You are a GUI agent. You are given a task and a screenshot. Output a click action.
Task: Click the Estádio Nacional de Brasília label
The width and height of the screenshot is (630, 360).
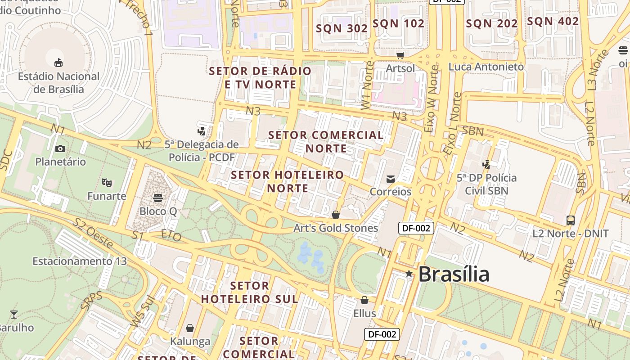point(58,83)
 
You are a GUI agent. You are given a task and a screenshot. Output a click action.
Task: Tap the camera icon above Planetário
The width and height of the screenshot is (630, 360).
point(60,148)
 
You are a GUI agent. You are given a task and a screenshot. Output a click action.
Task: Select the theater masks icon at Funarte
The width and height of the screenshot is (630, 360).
point(107,182)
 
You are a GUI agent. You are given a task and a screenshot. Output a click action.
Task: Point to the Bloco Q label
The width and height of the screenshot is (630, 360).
point(157,211)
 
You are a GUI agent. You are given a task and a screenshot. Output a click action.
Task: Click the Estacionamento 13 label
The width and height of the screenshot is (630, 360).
point(80,261)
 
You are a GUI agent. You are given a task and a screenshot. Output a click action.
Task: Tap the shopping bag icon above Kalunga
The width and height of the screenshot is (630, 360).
point(190,328)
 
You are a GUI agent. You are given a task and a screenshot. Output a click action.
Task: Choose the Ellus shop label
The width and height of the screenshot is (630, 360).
point(364,313)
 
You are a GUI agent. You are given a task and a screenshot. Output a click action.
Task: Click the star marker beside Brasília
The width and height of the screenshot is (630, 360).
point(409,274)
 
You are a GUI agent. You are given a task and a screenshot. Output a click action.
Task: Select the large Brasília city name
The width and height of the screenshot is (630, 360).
point(454,274)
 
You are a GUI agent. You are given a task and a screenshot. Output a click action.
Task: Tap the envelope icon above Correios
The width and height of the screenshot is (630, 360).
point(391,179)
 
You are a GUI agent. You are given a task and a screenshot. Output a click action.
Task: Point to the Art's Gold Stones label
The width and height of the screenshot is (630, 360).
point(336,228)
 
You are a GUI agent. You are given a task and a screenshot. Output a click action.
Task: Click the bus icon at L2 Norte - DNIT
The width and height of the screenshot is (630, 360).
point(571,220)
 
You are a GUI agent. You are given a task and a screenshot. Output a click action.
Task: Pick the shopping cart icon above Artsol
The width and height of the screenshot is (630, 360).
point(400,55)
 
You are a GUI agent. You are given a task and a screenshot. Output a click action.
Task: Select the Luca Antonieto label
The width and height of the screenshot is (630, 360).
point(486,67)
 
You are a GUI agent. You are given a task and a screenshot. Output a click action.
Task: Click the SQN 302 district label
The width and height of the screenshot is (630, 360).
point(342,28)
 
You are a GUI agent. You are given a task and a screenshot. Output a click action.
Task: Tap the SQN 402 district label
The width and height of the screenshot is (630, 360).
point(553,21)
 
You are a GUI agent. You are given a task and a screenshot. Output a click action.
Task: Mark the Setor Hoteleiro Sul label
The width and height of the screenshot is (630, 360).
point(249,292)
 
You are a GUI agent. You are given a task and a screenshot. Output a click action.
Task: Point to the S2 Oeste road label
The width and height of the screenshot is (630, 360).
point(94,233)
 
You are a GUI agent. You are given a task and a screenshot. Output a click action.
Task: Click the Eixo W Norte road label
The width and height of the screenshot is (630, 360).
point(431,99)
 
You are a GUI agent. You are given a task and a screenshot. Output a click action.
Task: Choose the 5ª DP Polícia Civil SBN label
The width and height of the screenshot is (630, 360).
point(486,184)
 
